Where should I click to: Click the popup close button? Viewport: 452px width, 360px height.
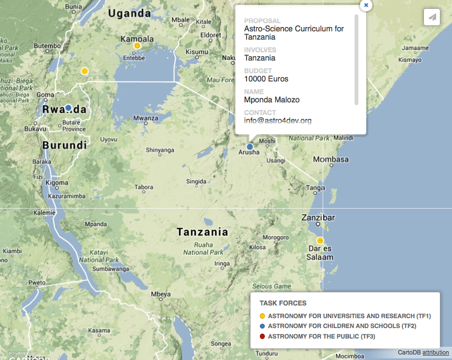click(366, 5)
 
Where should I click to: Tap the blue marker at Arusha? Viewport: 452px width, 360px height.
click(250, 147)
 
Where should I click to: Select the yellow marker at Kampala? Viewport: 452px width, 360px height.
click(137, 46)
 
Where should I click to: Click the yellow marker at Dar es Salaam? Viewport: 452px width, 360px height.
click(320, 241)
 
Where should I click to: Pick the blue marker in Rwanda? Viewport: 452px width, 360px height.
click(68, 108)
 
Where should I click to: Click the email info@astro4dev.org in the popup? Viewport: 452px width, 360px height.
click(278, 121)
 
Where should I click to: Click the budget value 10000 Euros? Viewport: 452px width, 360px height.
click(266, 79)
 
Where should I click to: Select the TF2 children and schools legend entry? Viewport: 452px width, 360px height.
click(341, 326)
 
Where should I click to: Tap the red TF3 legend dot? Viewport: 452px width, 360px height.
click(263, 336)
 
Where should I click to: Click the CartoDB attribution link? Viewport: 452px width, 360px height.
click(435, 352)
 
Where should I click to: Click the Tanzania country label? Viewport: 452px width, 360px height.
click(202, 232)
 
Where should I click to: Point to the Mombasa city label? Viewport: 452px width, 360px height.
click(331, 160)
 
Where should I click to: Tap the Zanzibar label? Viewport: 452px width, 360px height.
click(318, 217)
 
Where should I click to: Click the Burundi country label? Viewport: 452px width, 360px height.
click(64, 145)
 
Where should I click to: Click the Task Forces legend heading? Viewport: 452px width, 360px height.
click(283, 303)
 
